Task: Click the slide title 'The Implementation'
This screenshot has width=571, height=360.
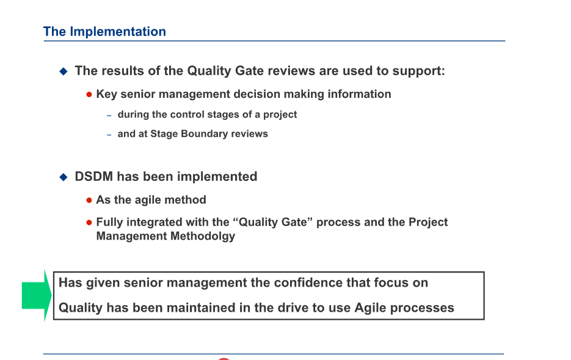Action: point(104,32)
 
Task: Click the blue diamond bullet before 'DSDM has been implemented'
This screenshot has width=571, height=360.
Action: point(63,177)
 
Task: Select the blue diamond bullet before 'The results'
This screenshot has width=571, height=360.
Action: point(63,72)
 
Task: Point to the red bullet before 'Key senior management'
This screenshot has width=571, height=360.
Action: point(89,95)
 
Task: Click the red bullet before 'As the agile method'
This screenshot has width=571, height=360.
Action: point(89,200)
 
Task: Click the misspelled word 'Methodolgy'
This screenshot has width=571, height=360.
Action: point(201,236)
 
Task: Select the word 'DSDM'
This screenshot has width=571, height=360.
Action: point(94,177)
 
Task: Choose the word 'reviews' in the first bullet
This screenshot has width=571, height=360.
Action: point(291,71)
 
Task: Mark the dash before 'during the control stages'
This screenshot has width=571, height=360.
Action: point(109,116)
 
